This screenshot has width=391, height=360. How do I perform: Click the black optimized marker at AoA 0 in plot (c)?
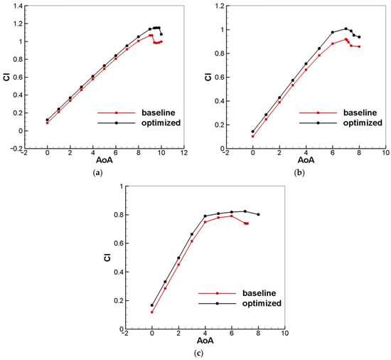pyautogui.click(x=152, y=305)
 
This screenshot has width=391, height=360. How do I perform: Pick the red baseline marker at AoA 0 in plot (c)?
pyautogui.click(x=152, y=312)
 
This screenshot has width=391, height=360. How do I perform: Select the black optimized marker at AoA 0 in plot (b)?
pyautogui.click(x=252, y=132)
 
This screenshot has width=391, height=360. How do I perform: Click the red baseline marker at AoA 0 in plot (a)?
pyautogui.click(x=48, y=123)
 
